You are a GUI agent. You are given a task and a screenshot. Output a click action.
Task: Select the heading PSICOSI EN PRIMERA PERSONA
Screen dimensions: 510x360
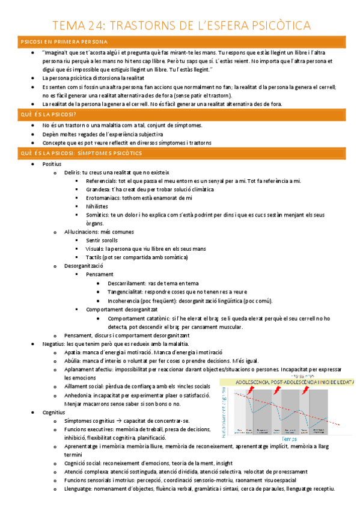pos(64,41)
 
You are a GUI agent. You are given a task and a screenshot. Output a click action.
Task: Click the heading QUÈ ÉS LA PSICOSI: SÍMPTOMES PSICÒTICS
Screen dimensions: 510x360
pos(80,153)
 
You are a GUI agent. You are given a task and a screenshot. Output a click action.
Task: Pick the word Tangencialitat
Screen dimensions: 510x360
pos(127,291)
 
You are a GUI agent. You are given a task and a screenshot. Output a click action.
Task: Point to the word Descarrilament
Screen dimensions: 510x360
pos(127,283)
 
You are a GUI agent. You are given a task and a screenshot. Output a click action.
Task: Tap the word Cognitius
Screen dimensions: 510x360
pos(54,413)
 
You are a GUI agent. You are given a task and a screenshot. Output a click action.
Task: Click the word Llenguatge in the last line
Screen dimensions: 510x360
pos(78,490)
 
